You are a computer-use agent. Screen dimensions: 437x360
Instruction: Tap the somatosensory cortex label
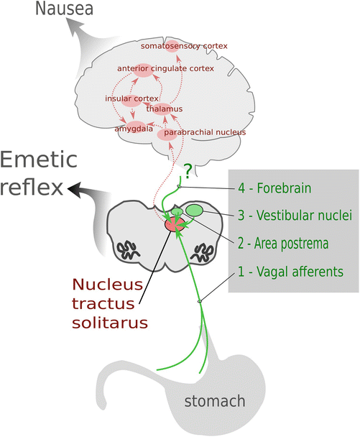(184, 46)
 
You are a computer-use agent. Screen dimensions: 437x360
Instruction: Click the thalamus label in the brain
(164, 109)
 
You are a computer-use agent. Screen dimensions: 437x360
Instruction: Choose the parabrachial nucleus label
(205, 133)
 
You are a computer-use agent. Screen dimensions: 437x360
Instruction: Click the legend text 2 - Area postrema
(283, 244)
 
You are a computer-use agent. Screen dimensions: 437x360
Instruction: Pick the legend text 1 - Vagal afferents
(289, 272)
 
